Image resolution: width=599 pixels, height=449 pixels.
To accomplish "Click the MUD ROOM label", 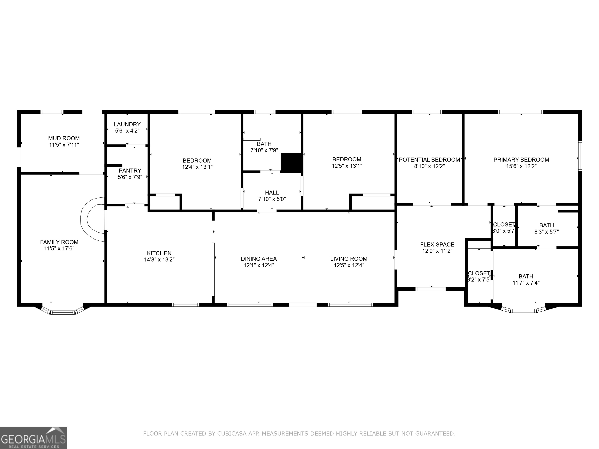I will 64,138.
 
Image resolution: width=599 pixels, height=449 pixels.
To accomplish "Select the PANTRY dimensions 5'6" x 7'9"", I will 130,177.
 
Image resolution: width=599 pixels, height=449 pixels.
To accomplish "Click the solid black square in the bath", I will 291,163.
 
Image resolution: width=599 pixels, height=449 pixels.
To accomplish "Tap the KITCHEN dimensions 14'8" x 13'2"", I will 159,260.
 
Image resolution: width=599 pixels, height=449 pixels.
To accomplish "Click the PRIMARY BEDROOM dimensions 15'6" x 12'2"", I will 521,166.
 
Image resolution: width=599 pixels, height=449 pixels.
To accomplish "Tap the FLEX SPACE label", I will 437,244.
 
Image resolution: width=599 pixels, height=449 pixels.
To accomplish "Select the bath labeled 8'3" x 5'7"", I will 547,228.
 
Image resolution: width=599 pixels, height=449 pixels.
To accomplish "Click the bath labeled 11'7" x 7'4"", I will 526,279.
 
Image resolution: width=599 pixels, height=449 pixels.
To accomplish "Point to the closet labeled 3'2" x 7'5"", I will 479,276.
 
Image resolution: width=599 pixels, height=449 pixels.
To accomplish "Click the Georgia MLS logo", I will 34,438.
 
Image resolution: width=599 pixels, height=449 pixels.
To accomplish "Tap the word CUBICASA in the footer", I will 232,434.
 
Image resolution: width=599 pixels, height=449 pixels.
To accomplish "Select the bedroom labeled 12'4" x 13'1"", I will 197,164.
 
